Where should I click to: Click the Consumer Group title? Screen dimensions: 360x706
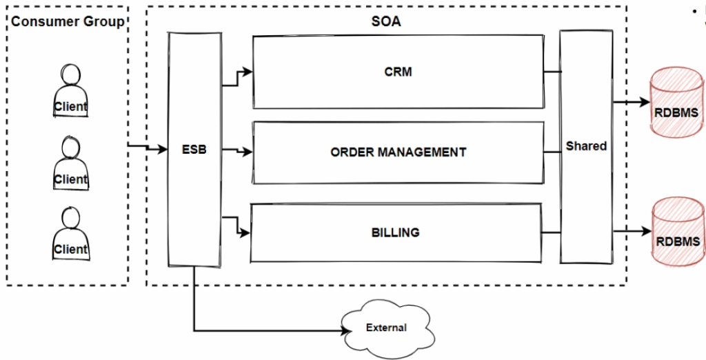(68, 21)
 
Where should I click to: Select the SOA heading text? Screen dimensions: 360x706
(386, 21)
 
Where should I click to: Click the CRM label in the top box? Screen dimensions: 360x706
(398, 72)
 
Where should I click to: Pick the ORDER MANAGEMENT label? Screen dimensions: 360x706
(398, 152)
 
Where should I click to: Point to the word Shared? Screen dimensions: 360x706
(586, 146)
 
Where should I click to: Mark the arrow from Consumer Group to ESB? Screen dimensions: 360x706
(148, 148)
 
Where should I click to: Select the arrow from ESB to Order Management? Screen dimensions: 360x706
(238, 150)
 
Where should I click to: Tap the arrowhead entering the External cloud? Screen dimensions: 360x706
(343, 330)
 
